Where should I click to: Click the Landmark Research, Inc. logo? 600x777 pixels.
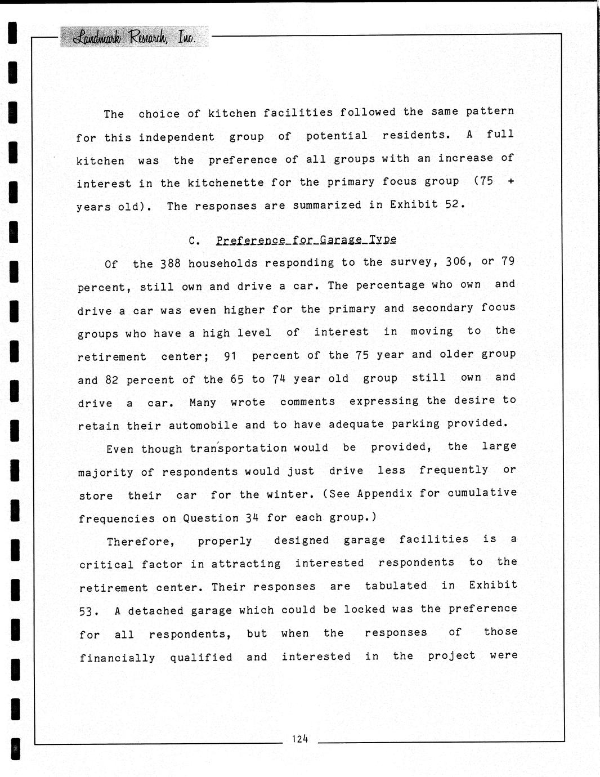[135, 37]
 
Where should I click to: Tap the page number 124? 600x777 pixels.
[299, 739]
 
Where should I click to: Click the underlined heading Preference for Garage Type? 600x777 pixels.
[306, 240]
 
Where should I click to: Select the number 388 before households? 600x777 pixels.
[171, 264]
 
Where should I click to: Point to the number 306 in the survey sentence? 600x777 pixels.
[456, 261]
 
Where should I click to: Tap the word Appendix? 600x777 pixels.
[384, 493]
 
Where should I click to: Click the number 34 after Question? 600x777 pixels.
[252, 517]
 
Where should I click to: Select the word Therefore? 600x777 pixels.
[141, 542]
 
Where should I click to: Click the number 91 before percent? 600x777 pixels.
[230, 356]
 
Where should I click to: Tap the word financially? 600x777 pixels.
[117, 658]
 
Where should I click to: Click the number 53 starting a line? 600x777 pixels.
[89, 611]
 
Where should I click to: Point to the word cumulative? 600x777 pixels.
[482, 493]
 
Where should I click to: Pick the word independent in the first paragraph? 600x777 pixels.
[177, 137]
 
